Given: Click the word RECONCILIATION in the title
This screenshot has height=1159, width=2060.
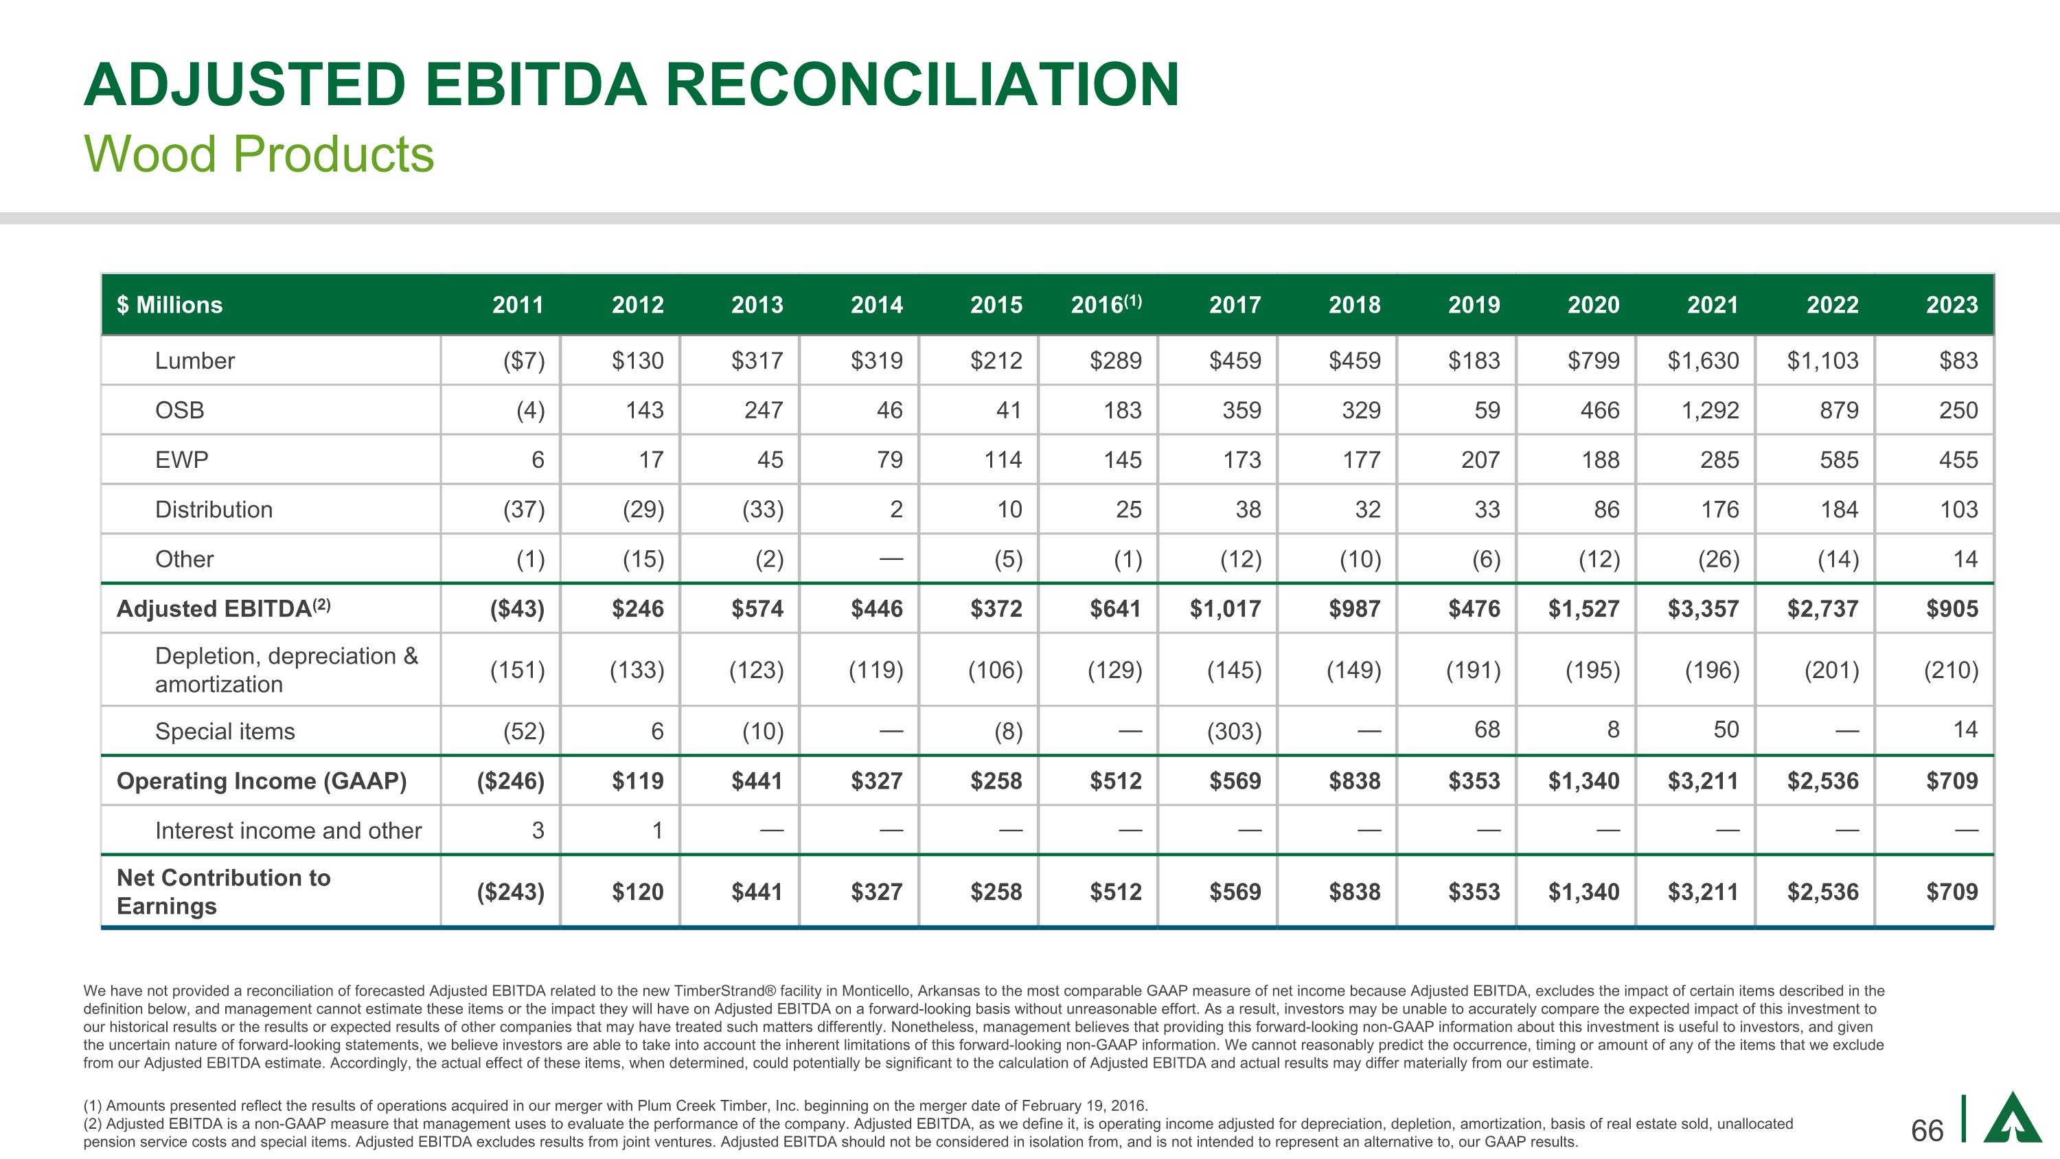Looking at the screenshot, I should click(x=922, y=85).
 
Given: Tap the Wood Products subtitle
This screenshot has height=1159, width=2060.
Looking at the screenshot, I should click(x=259, y=154).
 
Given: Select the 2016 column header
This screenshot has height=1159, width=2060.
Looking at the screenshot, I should click(x=1106, y=305).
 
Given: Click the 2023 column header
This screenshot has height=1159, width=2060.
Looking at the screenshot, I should click(x=1952, y=305).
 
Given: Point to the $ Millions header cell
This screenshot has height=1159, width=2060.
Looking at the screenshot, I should click(x=170, y=305).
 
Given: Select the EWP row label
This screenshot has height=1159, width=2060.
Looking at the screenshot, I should click(x=181, y=460).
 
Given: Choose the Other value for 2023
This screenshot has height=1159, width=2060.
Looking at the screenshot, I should click(x=1965, y=559).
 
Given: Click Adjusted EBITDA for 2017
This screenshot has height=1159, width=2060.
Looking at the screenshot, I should click(x=1224, y=609).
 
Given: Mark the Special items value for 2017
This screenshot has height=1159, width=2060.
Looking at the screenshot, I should click(x=1234, y=731).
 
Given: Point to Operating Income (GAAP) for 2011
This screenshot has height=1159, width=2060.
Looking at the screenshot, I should click(x=510, y=780).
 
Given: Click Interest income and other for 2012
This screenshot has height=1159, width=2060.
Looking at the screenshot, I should click(x=656, y=830).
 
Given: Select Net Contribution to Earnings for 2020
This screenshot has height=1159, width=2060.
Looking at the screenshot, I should click(x=1583, y=892).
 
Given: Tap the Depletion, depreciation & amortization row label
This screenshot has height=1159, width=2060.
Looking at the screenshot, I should click(x=286, y=669).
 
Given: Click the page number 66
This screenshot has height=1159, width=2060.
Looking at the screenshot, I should click(x=1927, y=1130).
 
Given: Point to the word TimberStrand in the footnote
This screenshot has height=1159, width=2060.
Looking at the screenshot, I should click(x=723, y=991).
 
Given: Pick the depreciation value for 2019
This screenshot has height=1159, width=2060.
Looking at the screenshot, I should click(x=1473, y=669).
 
